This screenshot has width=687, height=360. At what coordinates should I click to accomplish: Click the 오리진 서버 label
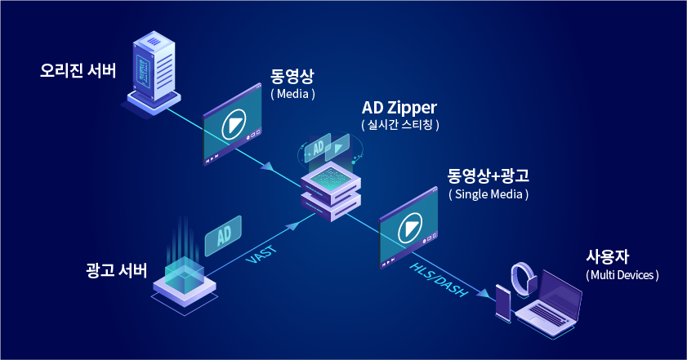point(78,70)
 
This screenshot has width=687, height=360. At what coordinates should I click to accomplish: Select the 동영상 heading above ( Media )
point(292,76)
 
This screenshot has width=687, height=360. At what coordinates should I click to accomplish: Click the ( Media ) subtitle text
point(292,94)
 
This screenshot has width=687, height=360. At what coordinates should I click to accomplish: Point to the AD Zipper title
point(399,107)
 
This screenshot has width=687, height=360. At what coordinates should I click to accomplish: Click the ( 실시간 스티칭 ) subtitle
point(400,125)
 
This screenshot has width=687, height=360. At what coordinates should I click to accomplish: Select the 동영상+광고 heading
point(488,176)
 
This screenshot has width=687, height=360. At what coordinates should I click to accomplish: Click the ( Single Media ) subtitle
point(488,194)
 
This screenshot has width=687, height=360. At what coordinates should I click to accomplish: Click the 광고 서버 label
point(116,269)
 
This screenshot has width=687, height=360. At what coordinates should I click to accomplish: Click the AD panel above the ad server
point(223,235)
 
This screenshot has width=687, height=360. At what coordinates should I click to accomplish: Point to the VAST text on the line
point(261,254)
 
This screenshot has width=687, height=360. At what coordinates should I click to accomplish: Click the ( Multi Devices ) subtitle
point(622,275)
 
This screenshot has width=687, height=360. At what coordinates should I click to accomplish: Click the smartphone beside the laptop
point(503,304)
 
